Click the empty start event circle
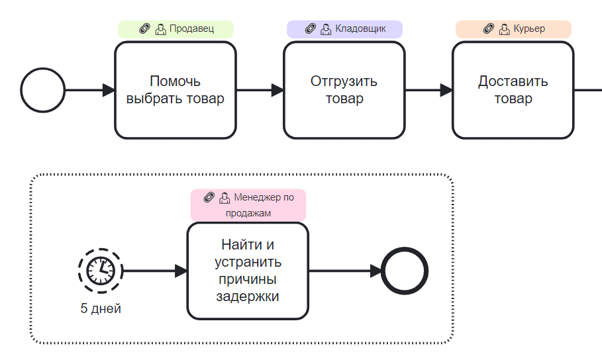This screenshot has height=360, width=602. (43, 91)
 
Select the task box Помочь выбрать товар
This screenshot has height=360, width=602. (176, 91)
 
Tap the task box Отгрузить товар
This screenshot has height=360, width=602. (344, 91)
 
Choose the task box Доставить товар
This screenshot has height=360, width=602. (513, 91)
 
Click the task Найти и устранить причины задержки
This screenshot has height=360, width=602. (248, 271)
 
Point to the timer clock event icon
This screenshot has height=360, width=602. (101, 270)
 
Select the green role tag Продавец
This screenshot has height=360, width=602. (176, 29)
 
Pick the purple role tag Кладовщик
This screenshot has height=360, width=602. (344, 29)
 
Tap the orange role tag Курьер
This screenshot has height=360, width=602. (513, 29)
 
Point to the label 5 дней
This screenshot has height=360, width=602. (101, 308)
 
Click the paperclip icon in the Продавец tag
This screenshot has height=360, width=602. (144, 29)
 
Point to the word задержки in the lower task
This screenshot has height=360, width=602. (248, 296)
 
